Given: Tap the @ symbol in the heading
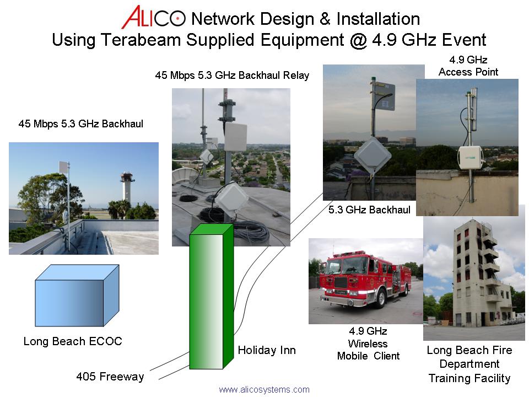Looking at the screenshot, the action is [x=358, y=40].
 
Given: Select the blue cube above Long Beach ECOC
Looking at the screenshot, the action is [x=77, y=296].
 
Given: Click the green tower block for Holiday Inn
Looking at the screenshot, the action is [x=211, y=297].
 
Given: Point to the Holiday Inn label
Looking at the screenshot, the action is [x=267, y=350].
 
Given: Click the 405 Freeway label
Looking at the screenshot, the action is [x=110, y=377].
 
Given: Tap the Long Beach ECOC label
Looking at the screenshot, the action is [x=73, y=341].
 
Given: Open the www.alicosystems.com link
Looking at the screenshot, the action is [x=264, y=390].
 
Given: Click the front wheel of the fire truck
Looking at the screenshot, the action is [x=381, y=298].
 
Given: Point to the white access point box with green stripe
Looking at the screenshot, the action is [x=470, y=158].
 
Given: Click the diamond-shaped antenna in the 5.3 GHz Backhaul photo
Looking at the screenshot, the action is [x=372, y=155].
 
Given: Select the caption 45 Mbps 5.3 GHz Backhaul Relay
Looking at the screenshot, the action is [x=232, y=76].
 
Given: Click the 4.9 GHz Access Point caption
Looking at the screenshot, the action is [x=468, y=66].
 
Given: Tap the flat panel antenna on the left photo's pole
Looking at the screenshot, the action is [x=64, y=167].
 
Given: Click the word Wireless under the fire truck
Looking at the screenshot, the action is [x=368, y=344].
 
